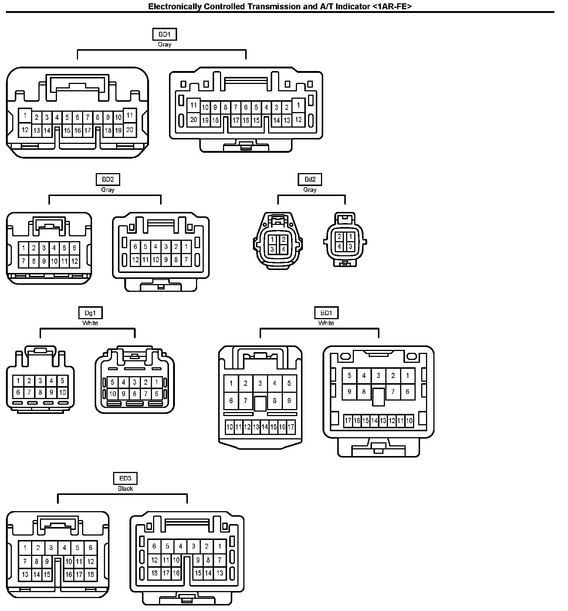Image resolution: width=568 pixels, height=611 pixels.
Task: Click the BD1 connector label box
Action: pos(165,34)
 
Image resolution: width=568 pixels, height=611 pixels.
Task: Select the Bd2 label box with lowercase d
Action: pos(310,179)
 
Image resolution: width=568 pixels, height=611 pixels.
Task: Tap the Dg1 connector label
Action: pos(90,313)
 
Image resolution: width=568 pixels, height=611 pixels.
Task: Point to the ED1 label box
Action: pos(326,313)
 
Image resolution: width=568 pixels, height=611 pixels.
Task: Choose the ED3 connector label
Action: pos(125,479)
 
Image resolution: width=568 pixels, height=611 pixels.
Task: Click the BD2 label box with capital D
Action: pos(108,179)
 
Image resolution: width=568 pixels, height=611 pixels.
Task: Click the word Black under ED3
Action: pos(125,489)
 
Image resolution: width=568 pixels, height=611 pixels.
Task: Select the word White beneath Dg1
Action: pos(90,323)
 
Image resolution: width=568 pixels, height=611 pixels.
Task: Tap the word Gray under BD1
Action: pos(165,44)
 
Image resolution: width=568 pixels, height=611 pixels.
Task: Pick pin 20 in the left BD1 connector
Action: pos(129,130)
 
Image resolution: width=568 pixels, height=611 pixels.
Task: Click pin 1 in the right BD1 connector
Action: pos(298,105)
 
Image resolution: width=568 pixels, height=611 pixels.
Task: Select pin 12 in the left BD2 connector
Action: pos(74,261)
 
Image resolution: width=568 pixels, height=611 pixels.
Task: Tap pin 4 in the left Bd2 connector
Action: pos(283,249)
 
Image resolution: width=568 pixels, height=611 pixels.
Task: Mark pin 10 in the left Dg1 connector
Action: pos(62,392)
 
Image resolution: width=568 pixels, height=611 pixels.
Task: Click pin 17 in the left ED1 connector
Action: pos(291,427)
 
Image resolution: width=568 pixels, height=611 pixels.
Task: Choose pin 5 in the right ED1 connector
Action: pos(349,376)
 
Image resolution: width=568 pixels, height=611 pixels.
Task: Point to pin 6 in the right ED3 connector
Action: pos(154,546)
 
